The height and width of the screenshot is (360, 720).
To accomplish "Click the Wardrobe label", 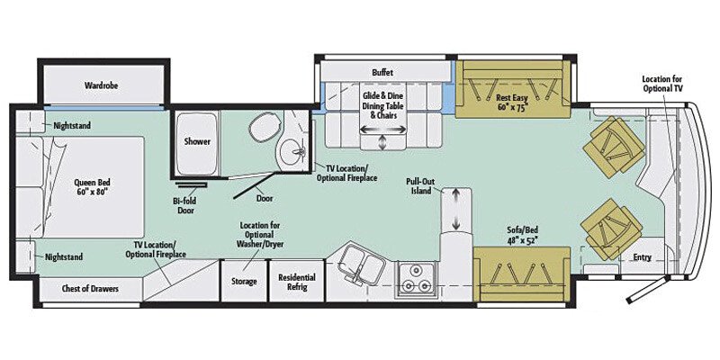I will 103,85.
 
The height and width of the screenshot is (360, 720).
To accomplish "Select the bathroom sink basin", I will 290,154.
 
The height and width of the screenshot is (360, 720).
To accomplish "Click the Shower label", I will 197,141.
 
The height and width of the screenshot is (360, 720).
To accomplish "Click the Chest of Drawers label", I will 90,289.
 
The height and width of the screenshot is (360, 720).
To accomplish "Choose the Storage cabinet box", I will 245,281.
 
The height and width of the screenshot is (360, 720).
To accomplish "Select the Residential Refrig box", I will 296,281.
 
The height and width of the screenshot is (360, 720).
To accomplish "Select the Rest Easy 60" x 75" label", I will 511,102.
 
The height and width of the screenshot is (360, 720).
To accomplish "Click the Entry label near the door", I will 642,257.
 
